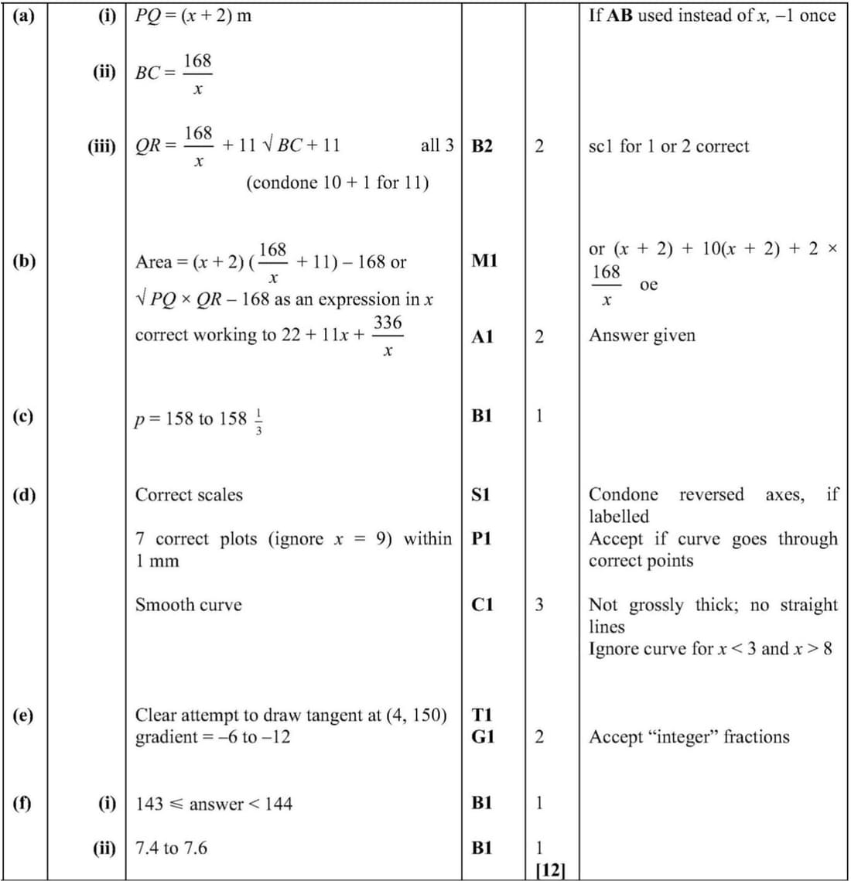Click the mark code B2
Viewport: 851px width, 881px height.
(481, 146)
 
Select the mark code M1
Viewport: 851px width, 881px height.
(484, 261)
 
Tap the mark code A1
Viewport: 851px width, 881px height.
(482, 336)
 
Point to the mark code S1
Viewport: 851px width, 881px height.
(480, 494)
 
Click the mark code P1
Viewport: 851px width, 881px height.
(481, 538)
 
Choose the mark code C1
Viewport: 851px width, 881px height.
(482, 605)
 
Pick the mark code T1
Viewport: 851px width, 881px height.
(481, 715)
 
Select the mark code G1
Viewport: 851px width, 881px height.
(482, 736)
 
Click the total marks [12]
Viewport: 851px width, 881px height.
(550, 869)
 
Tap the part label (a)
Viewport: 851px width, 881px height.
(23, 15)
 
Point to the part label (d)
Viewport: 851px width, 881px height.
(24, 494)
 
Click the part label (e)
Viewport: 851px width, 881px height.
(23, 715)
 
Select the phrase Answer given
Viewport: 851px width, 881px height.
(642, 336)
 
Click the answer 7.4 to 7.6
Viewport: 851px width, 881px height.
(171, 848)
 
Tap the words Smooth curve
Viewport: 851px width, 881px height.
(188, 605)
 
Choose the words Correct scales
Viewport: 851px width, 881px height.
(189, 495)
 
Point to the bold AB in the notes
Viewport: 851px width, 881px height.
(620, 15)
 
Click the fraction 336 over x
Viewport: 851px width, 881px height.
(387, 336)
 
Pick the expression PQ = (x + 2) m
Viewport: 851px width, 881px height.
(193, 15)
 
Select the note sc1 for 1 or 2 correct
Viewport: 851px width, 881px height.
(668, 146)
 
